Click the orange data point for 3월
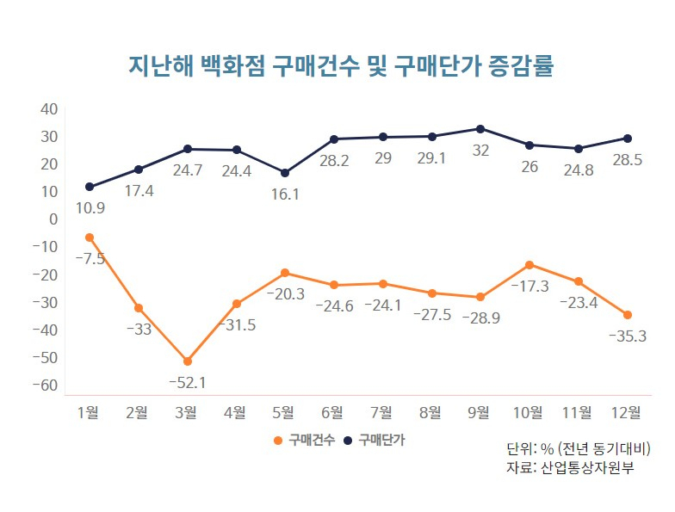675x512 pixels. click(188, 361)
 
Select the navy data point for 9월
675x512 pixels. click(480, 129)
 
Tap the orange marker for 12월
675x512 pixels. click(628, 315)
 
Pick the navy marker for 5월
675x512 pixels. click(285, 173)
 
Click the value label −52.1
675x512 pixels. click(188, 382)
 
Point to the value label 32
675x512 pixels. click(480, 151)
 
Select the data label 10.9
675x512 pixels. click(90, 208)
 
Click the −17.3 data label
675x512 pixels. click(529, 286)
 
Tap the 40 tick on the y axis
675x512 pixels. click(49, 109)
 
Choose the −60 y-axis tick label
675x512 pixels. click(45, 386)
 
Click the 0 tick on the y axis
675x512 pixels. click(53, 219)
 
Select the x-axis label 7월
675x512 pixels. click(381, 413)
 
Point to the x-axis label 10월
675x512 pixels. click(528, 413)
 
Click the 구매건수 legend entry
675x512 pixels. click(305, 441)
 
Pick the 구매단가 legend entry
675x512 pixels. click(375, 441)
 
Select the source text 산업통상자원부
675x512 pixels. click(587, 467)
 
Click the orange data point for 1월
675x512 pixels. click(90, 237)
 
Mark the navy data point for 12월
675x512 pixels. click(628, 139)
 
